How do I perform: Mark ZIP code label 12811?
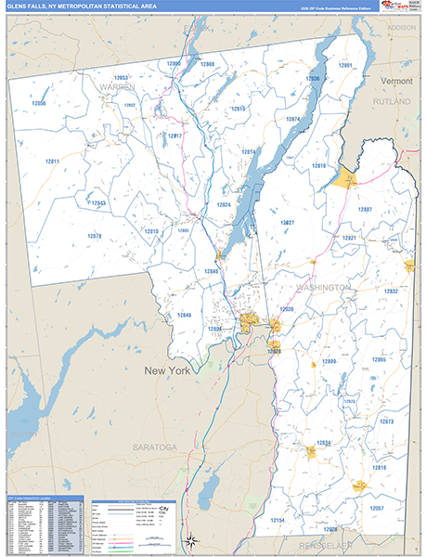(x=52, y=162)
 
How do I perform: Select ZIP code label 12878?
(x=94, y=236)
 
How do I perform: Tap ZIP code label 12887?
(x=364, y=209)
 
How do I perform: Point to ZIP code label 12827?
(x=288, y=223)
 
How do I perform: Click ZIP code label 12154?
(x=277, y=521)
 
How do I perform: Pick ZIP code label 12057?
(x=376, y=508)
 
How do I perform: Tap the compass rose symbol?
(x=190, y=541)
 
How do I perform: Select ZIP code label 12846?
(x=184, y=316)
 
